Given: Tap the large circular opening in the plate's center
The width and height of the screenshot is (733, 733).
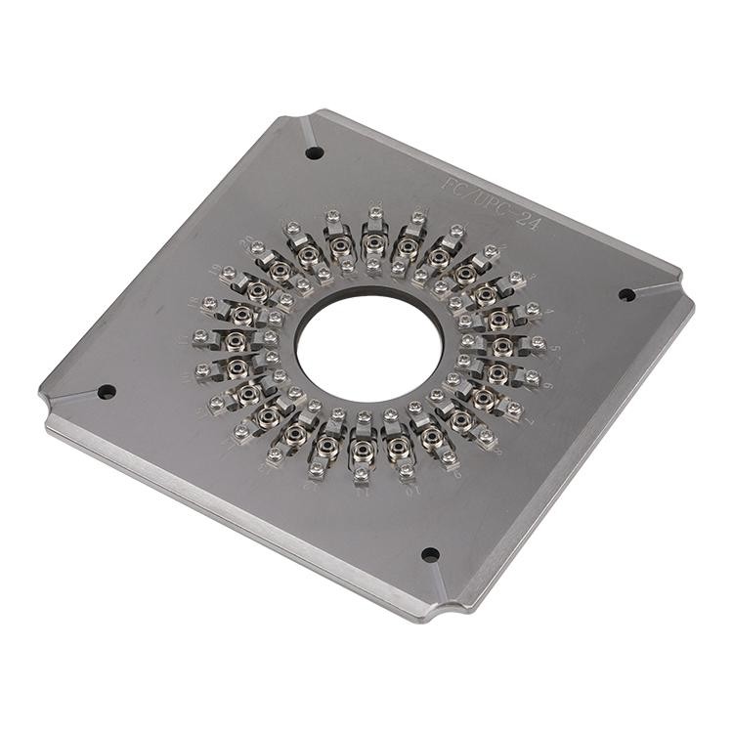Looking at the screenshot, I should [x=369, y=348].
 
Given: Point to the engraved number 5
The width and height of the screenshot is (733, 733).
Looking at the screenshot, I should [x=555, y=348].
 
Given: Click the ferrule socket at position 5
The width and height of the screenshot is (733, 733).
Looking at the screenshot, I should [x=503, y=345].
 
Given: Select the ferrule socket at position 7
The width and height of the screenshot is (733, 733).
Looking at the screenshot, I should [x=484, y=397].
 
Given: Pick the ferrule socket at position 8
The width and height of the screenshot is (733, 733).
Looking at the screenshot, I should [x=461, y=420].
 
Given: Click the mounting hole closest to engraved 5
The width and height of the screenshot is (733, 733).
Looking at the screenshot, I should [x=626, y=294].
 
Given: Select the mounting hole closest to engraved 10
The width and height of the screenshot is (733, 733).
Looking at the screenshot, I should [x=430, y=554].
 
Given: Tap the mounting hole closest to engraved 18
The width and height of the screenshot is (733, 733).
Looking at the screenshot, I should [x=107, y=391].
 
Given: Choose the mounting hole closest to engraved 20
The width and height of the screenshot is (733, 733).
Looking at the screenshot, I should [x=314, y=152].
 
